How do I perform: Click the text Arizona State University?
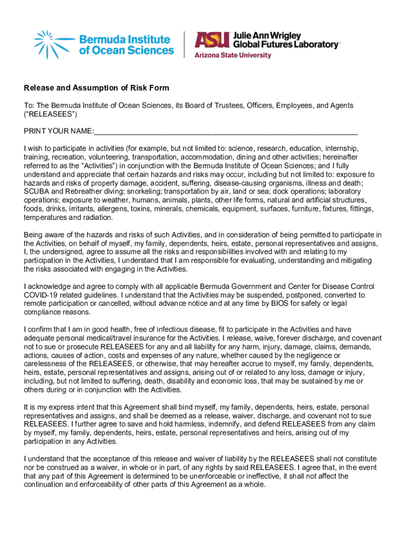click(x=233, y=55)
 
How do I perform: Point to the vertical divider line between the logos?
click(x=183, y=44)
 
